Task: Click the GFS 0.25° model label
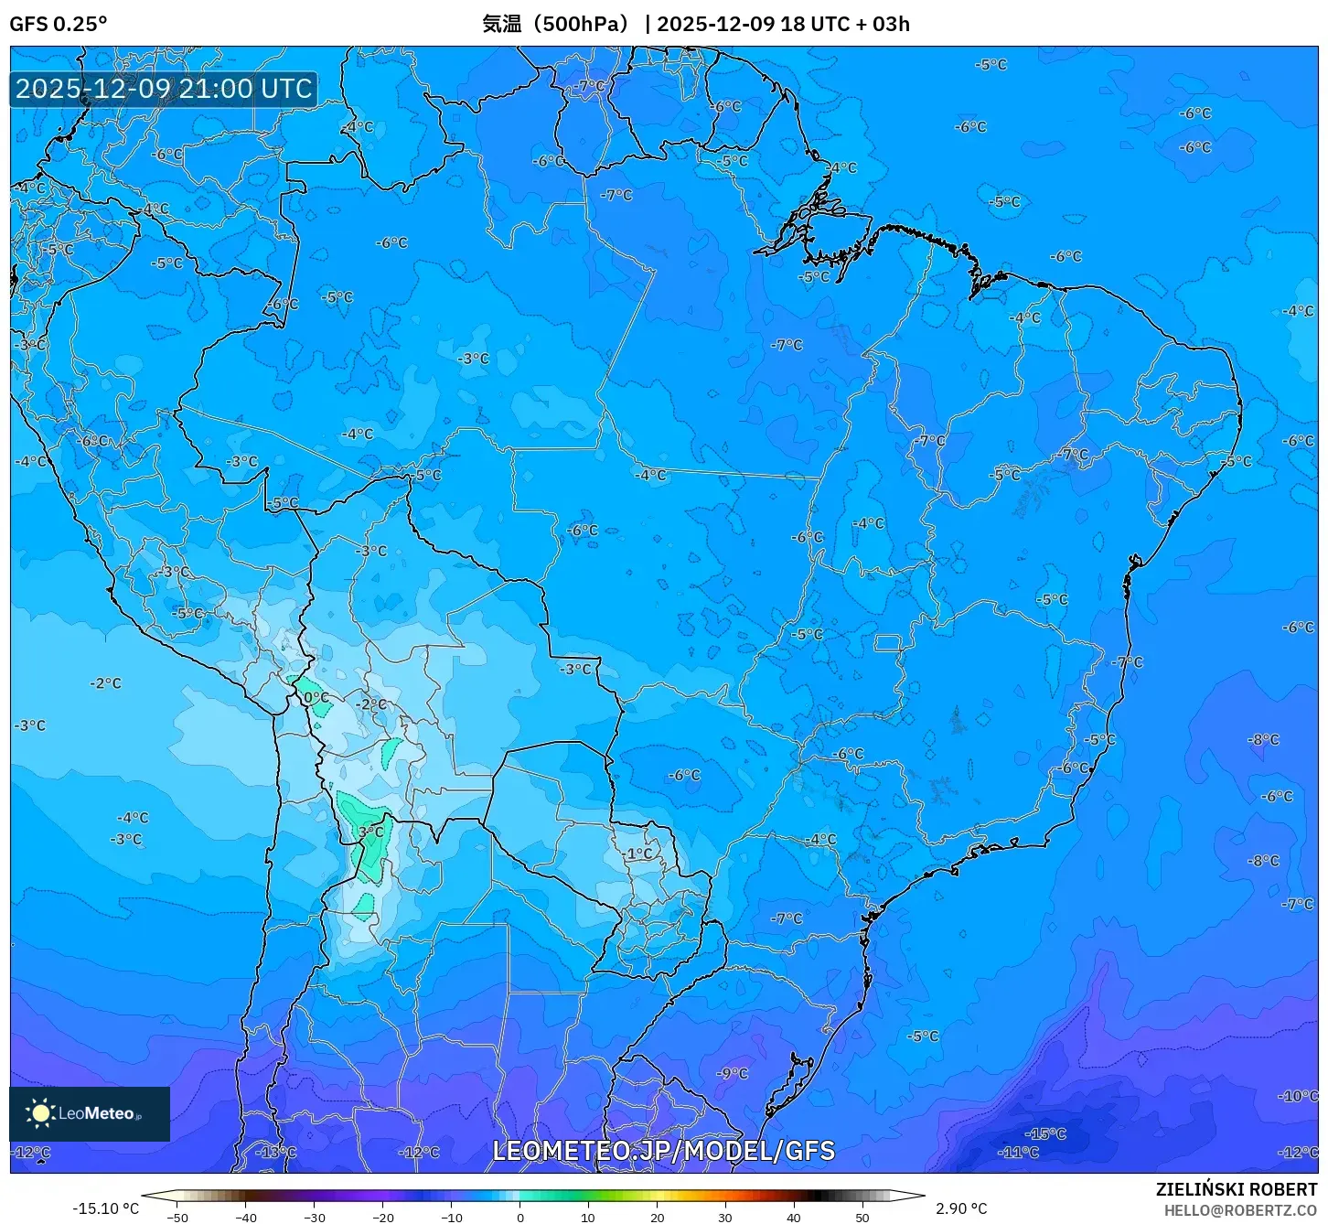[x=58, y=24]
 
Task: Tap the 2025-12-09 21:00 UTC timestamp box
[x=164, y=89]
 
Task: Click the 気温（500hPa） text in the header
[x=556, y=24]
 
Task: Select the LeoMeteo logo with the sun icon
[x=89, y=1113]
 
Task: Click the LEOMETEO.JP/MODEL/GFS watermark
[x=663, y=1151]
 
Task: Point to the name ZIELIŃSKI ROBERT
[x=1236, y=1189]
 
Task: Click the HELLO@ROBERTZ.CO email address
[x=1240, y=1210]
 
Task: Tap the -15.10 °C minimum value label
[x=106, y=1208]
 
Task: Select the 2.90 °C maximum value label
[x=961, y=1208]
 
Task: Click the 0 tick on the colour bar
[x=519, y=1217]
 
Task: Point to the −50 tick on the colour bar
[x=177, y=1217]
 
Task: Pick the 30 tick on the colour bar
[x=724, y=1217]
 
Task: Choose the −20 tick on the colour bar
[x=383, y=1217]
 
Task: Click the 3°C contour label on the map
[x=371, y=832]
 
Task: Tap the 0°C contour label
[x=316, y=697]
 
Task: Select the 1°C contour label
[x=639, y=854]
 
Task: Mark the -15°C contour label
[x=1046, y=1133]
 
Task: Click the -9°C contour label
[x=733, y=1073]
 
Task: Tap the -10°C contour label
[x=1298, y=1095]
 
